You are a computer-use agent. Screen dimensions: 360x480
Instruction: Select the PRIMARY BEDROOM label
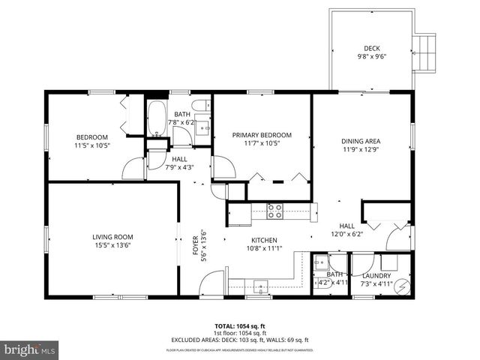(261, 135)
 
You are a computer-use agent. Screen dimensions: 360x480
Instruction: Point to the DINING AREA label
(360, 140)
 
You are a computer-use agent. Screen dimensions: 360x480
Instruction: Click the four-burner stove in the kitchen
(274, 211)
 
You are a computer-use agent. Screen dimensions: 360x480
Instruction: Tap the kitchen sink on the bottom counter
(260, 285)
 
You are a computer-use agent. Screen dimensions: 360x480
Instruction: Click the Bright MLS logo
(30, 349)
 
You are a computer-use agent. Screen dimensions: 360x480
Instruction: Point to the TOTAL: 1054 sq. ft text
(240, 326)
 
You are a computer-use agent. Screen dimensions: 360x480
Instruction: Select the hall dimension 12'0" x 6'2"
(346, 233)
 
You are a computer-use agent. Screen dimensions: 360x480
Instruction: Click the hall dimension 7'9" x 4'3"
(179, 166)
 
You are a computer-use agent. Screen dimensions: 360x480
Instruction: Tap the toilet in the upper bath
(200, 106)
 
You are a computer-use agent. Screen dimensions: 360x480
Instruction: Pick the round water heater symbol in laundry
(402, 286)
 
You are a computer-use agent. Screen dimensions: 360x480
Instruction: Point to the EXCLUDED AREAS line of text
(240, 340)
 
